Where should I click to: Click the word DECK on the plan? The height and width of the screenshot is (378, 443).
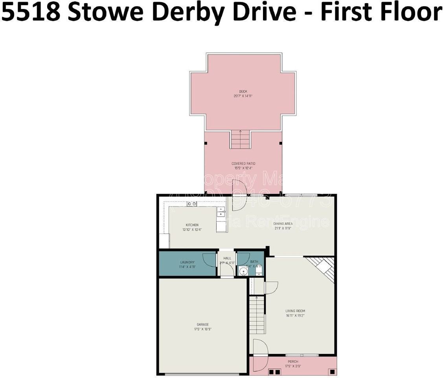pos(243,91)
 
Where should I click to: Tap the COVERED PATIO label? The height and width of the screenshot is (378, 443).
pos(243,163)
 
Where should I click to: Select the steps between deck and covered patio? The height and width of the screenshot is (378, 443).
pos(240,139)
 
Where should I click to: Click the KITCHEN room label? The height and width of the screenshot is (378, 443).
pos(192,225)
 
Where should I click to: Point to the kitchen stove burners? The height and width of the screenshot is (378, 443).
pos(192,204)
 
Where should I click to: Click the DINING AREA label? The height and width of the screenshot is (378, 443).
pos(283,224)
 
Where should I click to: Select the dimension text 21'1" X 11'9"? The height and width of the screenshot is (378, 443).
pos(283,228)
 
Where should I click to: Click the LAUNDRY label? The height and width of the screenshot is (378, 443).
pos(187,262)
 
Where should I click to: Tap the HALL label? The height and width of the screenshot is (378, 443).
pos(227,258)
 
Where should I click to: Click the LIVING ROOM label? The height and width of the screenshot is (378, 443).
pos(295,311)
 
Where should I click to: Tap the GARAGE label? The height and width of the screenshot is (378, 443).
pos(203,324)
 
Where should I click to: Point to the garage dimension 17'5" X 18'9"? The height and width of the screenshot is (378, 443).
pos(203,329)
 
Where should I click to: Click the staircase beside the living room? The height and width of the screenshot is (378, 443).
pos(257,315)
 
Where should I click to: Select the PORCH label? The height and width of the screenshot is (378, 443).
pos(293,361)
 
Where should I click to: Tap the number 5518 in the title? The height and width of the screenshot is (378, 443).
pos(31,12)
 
